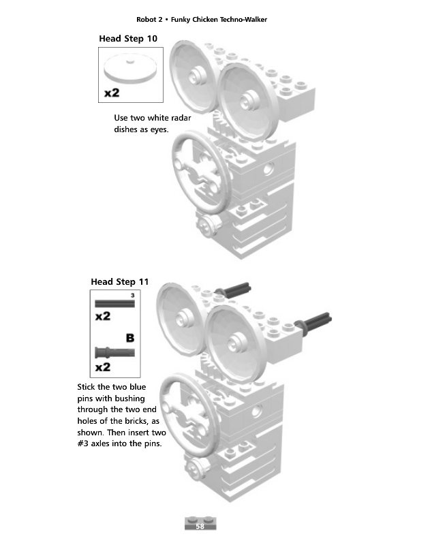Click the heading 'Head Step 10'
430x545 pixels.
point(128,39)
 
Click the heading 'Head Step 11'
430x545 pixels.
point(120,281)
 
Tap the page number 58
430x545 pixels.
point(200,527)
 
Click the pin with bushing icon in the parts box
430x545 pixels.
point(115,352)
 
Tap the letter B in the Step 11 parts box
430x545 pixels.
point(129,337)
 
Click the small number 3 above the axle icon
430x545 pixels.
point(132,295)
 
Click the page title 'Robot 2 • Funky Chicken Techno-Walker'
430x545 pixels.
point(202,19)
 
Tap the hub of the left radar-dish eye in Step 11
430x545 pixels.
point(183,314)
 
